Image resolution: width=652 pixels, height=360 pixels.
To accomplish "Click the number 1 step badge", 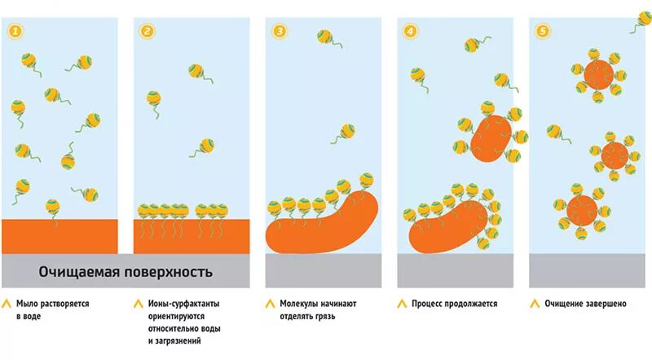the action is pyautogui.click(x=15, y=32).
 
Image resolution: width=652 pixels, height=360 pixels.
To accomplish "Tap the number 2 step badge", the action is pyautogui.click(x=148, y=32).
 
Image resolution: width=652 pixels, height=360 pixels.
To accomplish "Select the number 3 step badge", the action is pyautogui.click(x=280, y=32).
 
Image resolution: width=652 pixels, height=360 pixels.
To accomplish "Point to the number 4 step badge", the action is pyautogui.click(x=412, y=32).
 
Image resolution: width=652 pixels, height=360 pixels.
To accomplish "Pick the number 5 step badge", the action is pyautogui.click(x=544, y=32).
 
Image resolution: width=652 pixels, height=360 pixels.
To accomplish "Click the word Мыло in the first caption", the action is pyautogui.click(x=28, y=304).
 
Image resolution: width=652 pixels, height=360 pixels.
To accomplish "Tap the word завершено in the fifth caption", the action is pyautogui.click(x=604, y=304).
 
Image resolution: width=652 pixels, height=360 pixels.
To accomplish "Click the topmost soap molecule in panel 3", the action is pyautogui.click(x=324, y=37).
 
